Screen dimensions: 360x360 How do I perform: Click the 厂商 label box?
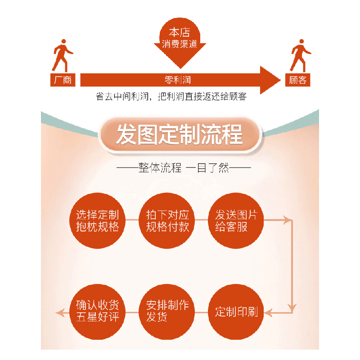click(63, 80)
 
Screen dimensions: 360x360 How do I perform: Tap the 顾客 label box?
click(297, 80)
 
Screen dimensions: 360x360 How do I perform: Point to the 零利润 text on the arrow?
click(178, 80)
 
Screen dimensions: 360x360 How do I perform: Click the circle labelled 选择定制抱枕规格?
click(98, 220)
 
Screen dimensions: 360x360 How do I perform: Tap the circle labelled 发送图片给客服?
click(236, 220)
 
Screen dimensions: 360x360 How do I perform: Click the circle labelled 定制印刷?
click(236, 312)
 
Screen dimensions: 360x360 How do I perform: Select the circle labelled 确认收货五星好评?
click(98, 312)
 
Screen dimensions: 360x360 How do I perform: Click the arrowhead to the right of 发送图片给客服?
click(286, 220)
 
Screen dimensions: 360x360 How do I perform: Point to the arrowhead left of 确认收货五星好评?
click(59, 312)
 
